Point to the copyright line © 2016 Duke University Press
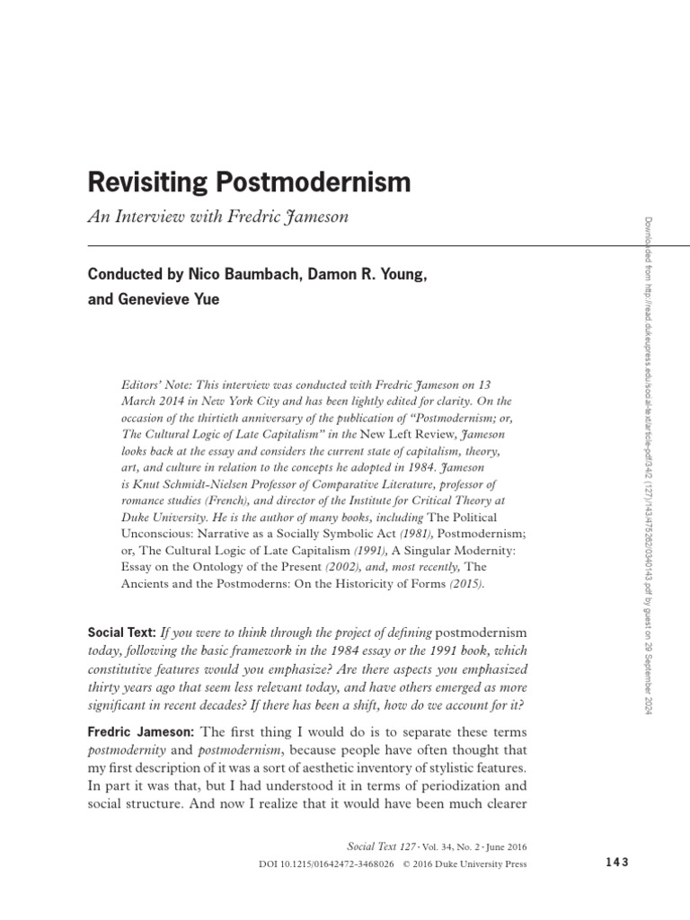coord(459,864)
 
